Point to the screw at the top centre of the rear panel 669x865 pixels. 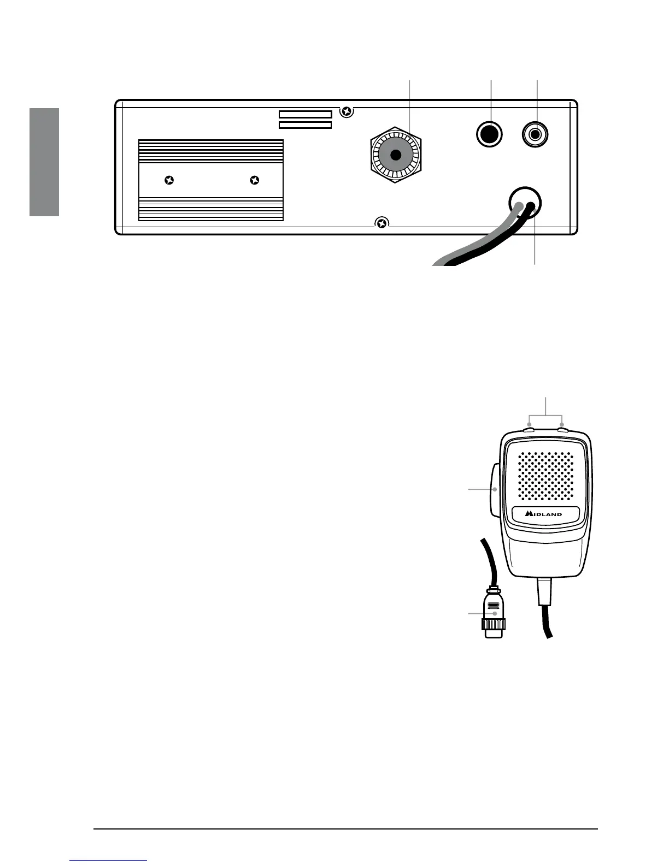click(346, 112)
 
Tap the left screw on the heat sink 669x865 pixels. click(169, 180)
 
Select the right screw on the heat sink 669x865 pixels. click(254, 180)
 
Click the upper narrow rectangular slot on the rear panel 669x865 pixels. click(305, 114)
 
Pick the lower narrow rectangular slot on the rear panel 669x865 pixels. click(305, 125)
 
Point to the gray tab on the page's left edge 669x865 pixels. click(44, 162)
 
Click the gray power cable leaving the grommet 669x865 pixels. click(481, 240)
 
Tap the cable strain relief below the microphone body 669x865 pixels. click(545, 592)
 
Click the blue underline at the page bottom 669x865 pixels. click(109, 860)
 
